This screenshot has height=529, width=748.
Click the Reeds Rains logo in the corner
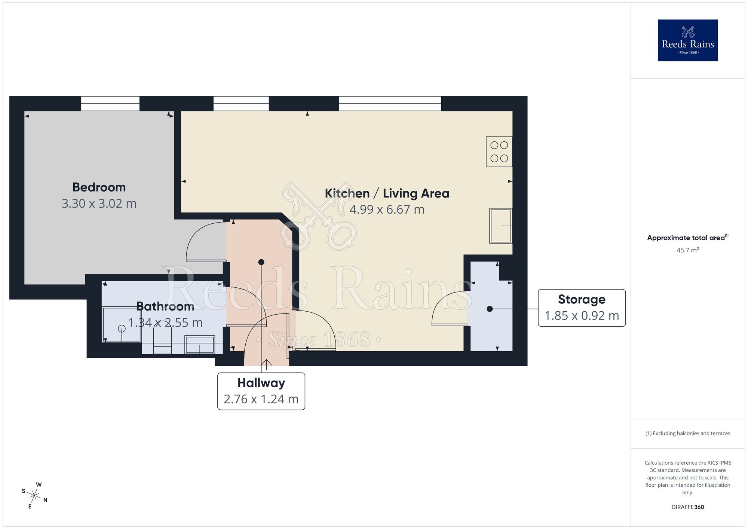[x=687, y=40]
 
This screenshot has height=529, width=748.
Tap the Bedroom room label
[x=99, y=187]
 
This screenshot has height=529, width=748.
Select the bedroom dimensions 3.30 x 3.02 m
[x=99, y=204]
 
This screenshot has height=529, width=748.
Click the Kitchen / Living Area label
[x=387, y=193]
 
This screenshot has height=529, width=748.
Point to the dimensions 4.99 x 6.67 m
[x=387, y=210]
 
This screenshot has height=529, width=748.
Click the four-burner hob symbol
[x=499, y=152]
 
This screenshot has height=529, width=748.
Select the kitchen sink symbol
[x=500, y=226]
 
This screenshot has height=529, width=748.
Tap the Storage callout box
[x=582, y=308]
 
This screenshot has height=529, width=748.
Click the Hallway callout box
[x=261, y=391]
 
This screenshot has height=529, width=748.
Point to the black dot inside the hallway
[x=261, y=262]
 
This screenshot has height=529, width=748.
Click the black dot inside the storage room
[x=490, y=309]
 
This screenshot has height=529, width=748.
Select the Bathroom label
[x=165, y=306]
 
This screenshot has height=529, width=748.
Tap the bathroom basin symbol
[x=200, y=344]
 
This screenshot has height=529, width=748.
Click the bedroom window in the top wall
[x=110, y=104]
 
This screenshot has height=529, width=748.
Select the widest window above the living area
[x=390, y=104]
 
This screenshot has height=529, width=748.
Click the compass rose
[x=34, y=496]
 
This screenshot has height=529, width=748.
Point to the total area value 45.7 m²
[x=687, y=250]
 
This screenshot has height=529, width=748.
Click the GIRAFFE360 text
[x=687, y=507]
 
